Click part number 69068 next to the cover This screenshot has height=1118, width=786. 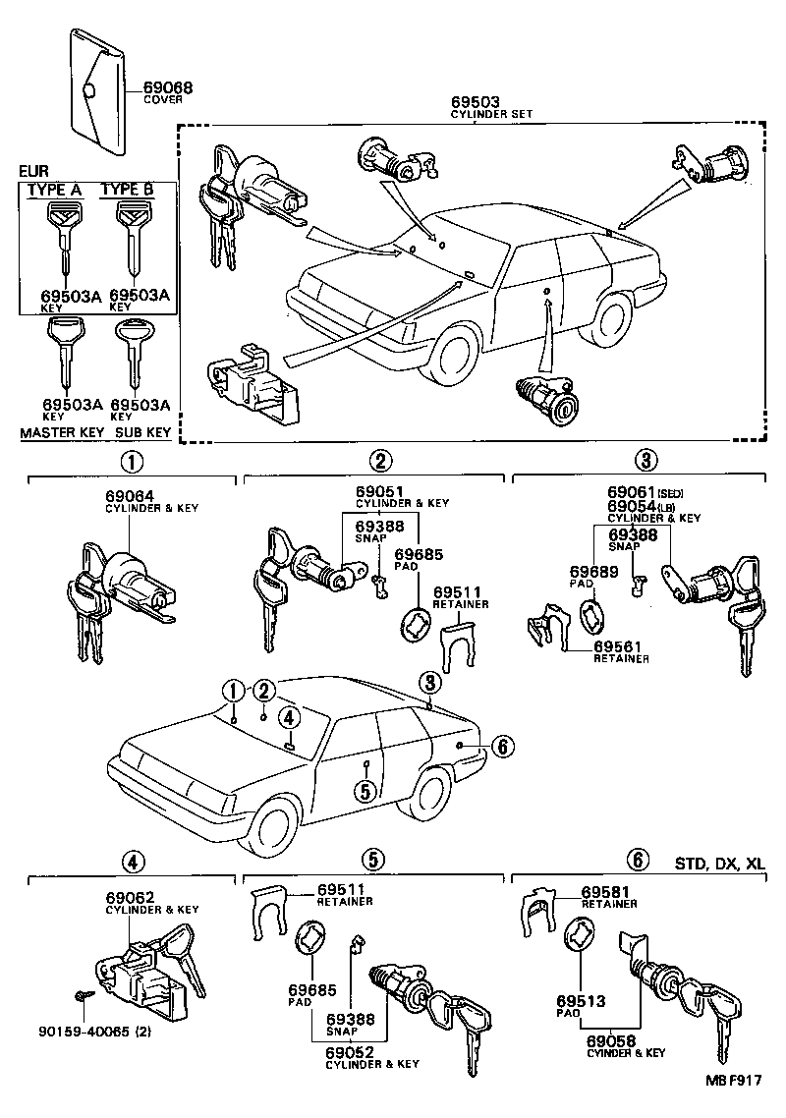coord(168,87)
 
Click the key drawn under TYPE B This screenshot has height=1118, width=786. coord(131,240)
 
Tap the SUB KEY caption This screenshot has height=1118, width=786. coord(143,432)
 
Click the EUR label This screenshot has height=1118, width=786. coord(34,171)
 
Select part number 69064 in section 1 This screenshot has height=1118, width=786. coord(130,496)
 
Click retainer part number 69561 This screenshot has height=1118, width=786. coord(618,645)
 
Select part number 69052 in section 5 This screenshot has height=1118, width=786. coord(349,1052)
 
